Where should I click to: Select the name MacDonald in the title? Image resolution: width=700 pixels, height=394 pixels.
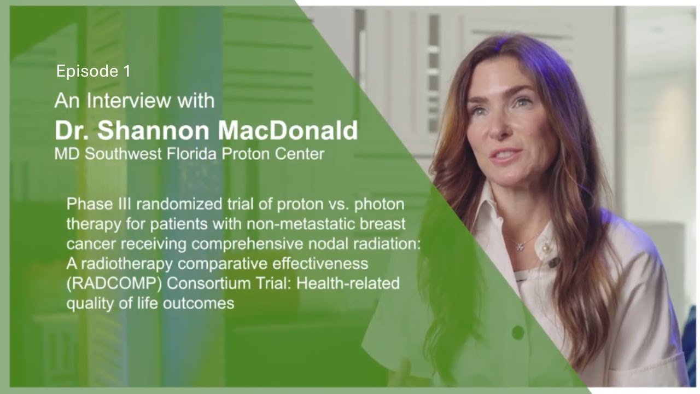pyautogui.click(x=289, y=130)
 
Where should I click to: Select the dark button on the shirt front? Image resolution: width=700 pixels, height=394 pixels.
pyautogui.click(x=517, y=332)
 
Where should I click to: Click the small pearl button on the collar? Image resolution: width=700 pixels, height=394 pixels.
pyautogui.click(x=546, y=250)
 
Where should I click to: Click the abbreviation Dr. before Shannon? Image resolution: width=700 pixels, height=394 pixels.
pyautogui.click(x=72, y=130)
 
